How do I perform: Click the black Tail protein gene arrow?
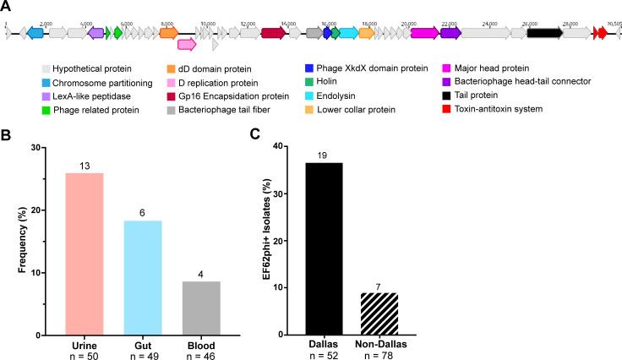pos(544,32)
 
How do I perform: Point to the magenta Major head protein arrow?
pos(424,32)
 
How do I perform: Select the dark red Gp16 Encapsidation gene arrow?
pos(273,32)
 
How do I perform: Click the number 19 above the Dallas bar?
pos(325,132)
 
